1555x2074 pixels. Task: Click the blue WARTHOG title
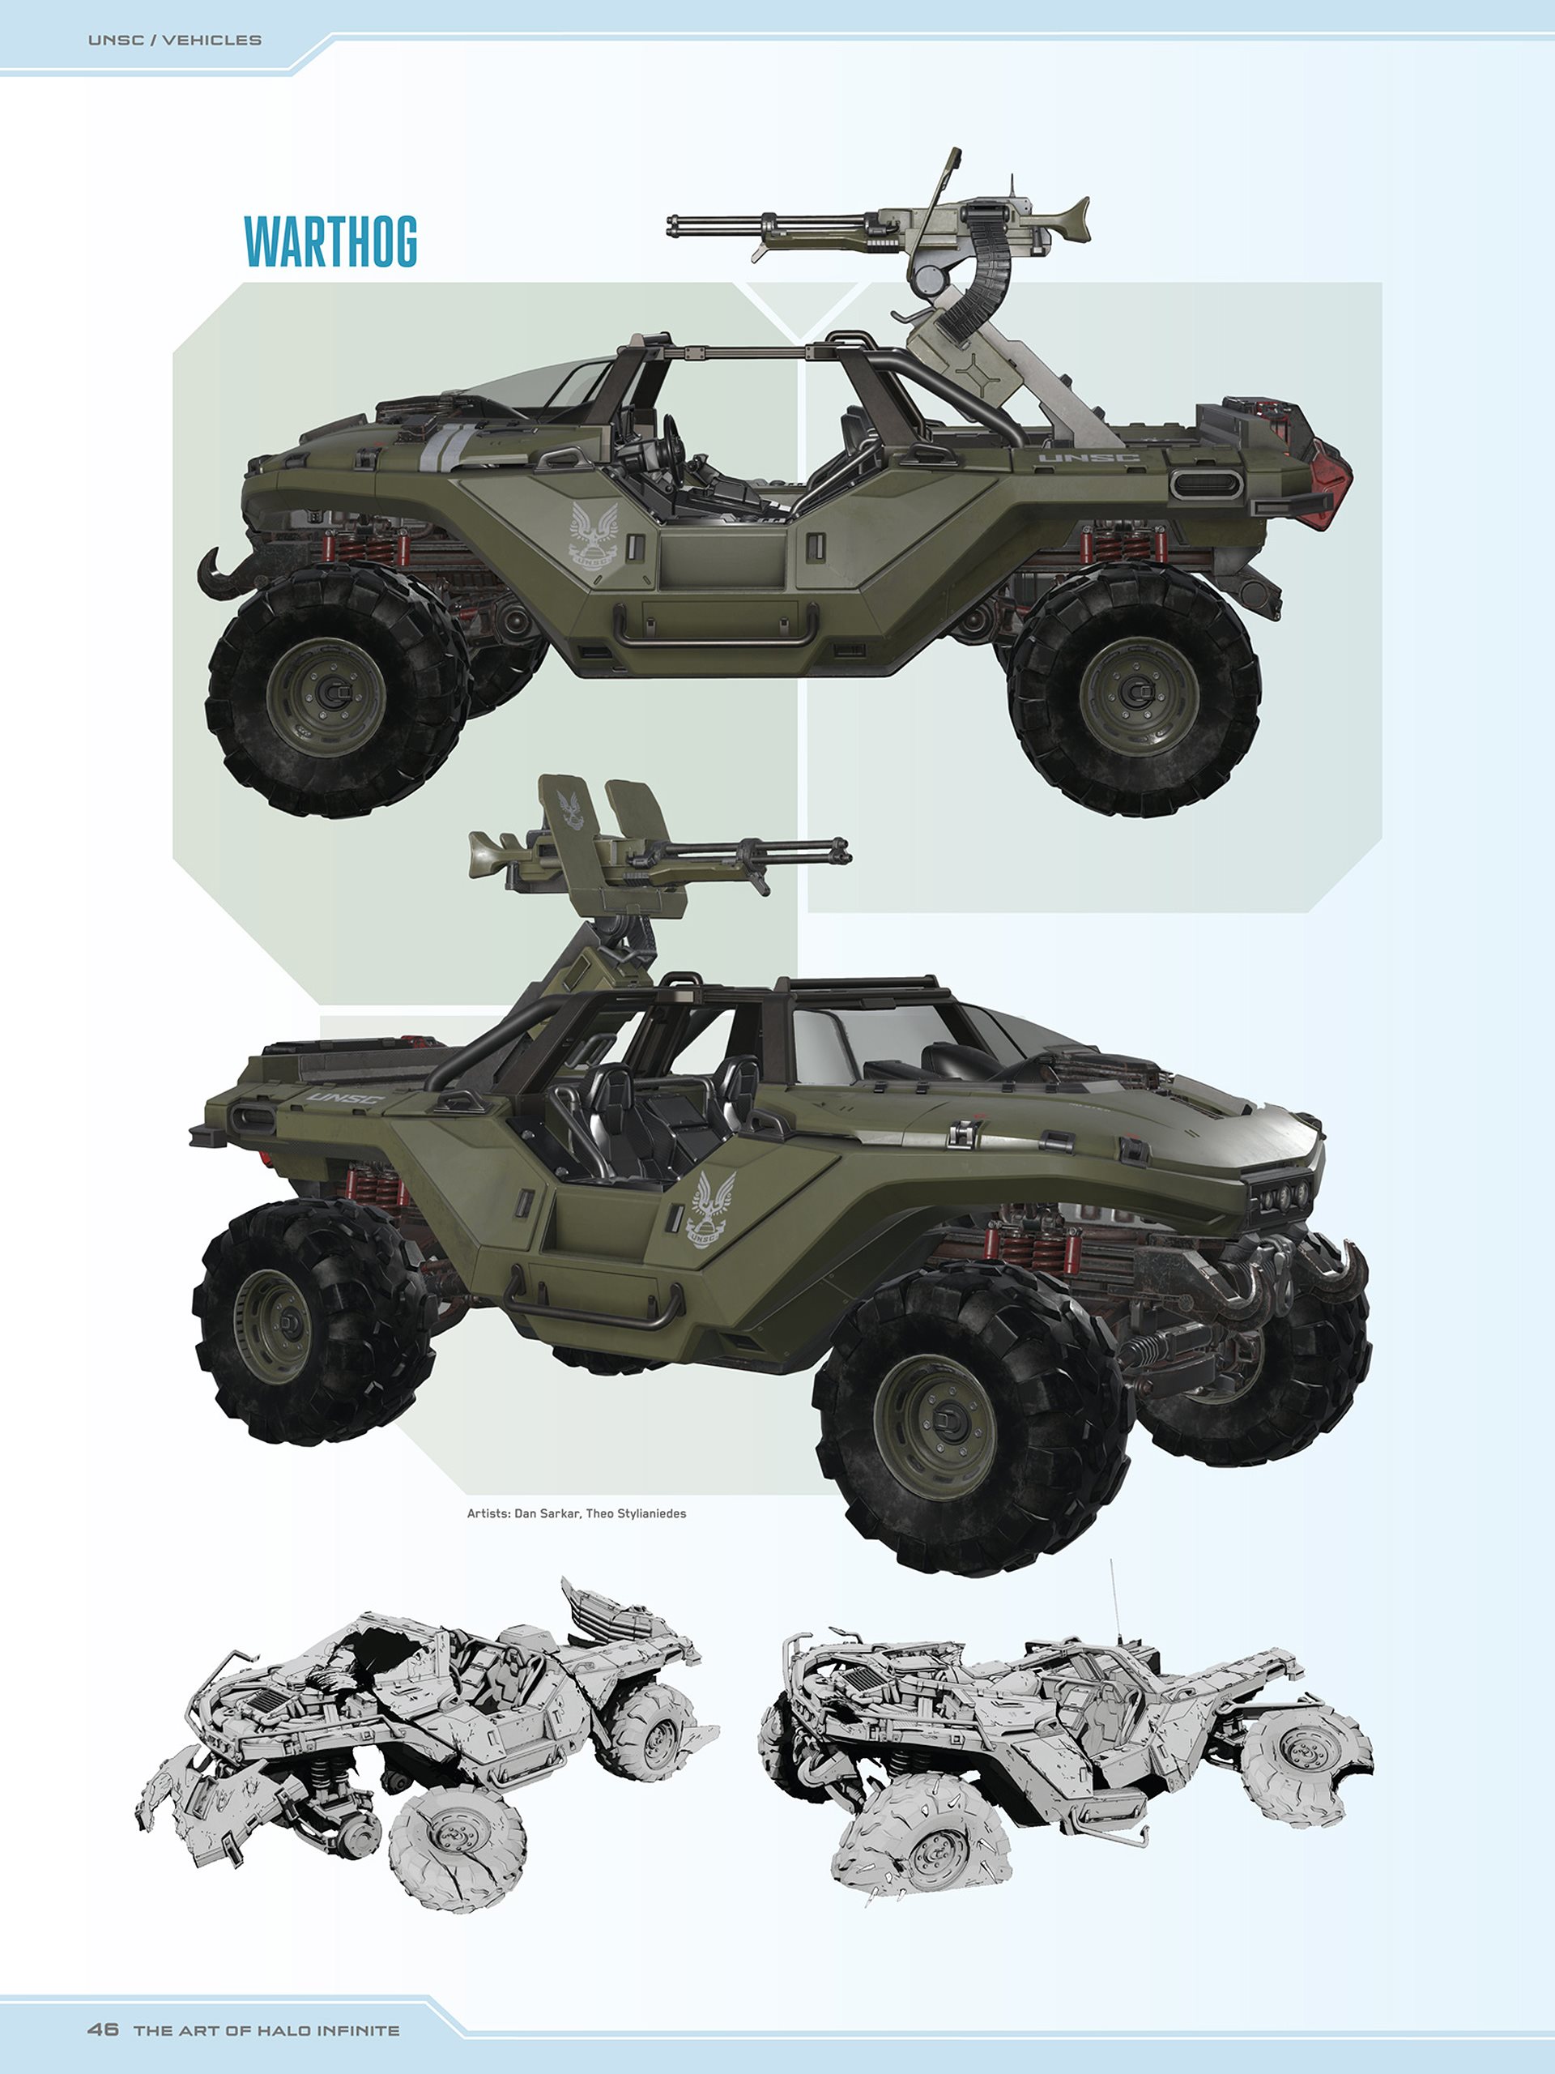point(330,242)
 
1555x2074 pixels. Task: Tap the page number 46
point(103,2029)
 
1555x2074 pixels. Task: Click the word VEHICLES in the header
point(212,41)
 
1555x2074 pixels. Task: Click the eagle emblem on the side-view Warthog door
point(594,535)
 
